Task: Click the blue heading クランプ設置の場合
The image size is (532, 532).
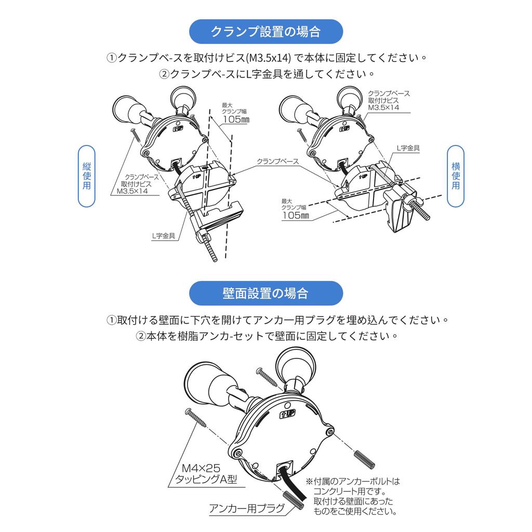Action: coord(265,32)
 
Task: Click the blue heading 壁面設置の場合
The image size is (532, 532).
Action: coord(265,293)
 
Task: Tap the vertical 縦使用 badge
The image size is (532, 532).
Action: coord(87,176)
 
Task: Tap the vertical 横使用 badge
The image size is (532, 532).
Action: coord(455,176)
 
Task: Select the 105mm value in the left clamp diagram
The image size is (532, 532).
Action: coord(236,119)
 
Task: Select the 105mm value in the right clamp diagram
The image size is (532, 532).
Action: coord(296,216)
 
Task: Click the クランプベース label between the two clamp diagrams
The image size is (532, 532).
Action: coord(277,162)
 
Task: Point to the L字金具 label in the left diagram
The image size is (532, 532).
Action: coord(164,236)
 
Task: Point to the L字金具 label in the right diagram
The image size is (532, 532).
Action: coord(408,148)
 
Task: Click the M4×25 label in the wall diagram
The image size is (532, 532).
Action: coord(201,468)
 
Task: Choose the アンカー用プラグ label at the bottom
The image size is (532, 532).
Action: coord(247,508)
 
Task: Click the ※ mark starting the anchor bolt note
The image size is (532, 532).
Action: coord(309,481)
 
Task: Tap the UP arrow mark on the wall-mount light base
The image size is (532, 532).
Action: coord(287,414)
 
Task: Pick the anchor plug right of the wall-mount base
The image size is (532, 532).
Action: coord(364,459)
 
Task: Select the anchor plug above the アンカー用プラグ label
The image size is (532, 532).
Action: coord(294,500)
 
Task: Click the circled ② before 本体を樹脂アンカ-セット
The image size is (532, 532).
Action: coord(141,336)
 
